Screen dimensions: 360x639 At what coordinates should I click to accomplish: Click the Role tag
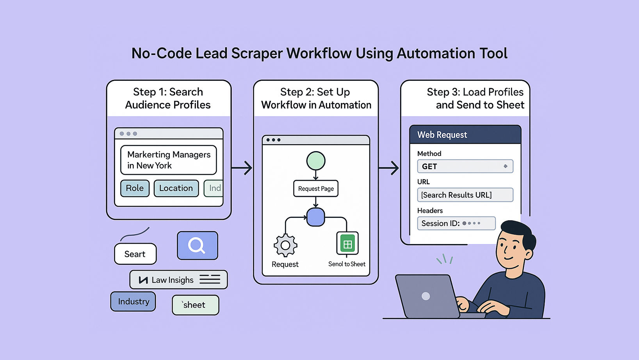pos(135,188)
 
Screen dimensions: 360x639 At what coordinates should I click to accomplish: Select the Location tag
pos(176,188)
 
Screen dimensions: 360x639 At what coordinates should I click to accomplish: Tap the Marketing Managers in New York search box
pos(169,160)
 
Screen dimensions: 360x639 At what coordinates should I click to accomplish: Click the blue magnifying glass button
pos(197,246)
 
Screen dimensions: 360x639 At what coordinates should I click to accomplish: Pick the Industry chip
pos(133,301)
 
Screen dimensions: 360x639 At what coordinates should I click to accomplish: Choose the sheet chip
pos(195,305)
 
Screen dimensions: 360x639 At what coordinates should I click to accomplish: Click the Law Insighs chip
pos(178,280)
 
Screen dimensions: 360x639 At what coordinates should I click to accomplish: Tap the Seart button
pos(135,254)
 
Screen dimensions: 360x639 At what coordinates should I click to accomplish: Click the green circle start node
pos(316,161)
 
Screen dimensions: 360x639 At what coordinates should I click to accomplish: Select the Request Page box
pos(316,189)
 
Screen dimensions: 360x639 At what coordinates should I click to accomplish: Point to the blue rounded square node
pos(316,217)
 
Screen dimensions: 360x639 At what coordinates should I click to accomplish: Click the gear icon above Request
pos(285,245)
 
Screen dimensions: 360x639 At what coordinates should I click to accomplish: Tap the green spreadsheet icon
pos(347,244)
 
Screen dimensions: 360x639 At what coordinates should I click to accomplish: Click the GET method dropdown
pos(465,166)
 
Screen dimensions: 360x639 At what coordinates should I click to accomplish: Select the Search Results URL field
pos(465,195)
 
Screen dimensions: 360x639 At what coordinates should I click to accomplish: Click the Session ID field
pos(456,223)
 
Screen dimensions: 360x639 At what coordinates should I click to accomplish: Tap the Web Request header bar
pos(465,135)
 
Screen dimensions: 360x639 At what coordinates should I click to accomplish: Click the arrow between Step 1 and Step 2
pos(242,168)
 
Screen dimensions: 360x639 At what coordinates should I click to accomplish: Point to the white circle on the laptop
pos(426,296)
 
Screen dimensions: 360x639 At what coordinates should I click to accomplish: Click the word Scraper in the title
pos(256,53)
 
